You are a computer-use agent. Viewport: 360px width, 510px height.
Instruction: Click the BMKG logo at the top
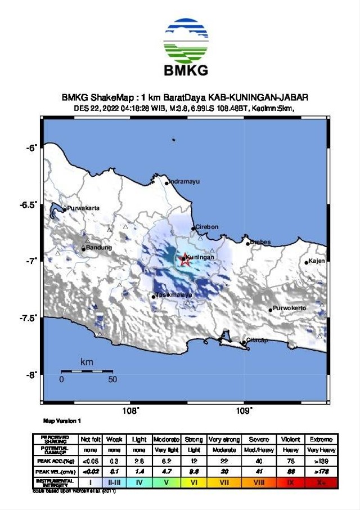(186, 47)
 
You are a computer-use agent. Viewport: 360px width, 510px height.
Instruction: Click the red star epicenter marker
(184, 260)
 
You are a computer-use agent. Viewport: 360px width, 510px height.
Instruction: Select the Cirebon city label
(207, 227)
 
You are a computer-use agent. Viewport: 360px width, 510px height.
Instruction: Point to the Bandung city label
(99, 248)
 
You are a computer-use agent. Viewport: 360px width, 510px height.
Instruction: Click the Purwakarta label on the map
(84, 208)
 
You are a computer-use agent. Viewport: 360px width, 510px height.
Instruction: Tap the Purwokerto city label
(290, 308)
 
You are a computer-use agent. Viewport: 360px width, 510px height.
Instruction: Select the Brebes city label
(260, 243)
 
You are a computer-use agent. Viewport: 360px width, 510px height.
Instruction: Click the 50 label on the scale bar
(112, 379)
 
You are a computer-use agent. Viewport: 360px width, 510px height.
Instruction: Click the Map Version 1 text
(62, 420)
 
